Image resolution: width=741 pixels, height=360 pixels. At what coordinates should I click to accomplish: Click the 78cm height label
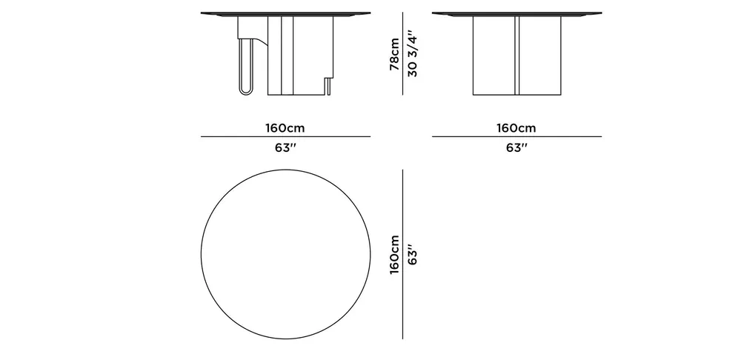point(394,54)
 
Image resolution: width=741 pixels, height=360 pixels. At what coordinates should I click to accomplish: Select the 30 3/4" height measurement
point(412,54)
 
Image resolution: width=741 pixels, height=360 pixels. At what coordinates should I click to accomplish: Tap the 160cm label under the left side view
point(285,128)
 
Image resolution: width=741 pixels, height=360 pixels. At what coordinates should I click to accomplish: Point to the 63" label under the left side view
point(285,148)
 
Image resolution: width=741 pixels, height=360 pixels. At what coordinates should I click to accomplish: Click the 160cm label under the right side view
point(516,128)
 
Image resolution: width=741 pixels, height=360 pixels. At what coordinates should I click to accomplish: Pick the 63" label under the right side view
point(516,148)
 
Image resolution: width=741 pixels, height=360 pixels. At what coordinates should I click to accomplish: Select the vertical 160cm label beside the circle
point(394,255)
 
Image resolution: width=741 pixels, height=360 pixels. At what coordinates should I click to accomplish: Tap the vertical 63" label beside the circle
point(412,255)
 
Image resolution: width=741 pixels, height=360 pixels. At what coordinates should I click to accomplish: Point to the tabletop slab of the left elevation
point(285,14)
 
